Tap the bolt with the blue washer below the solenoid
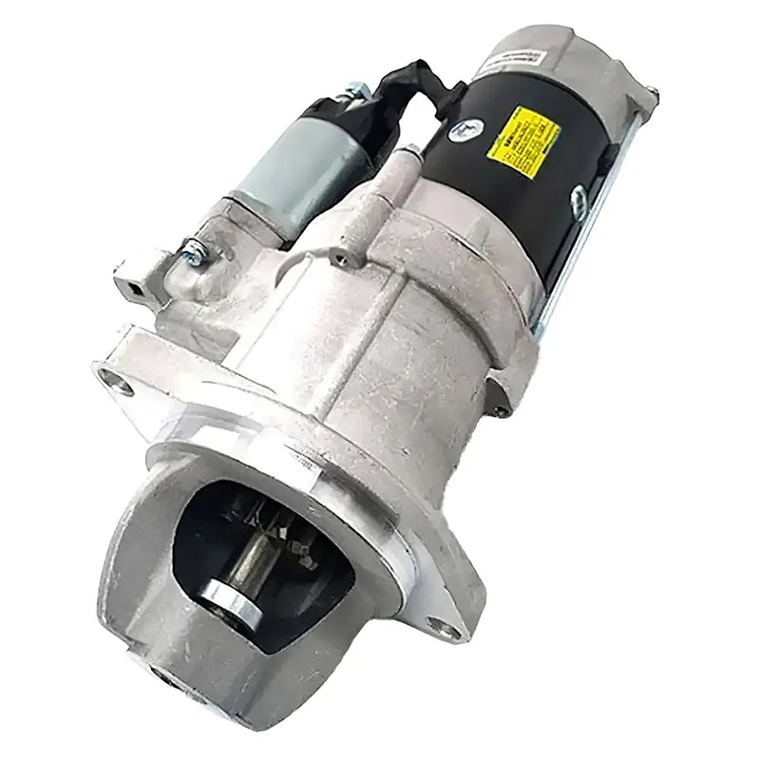(x=195, y=253)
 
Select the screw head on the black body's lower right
(x=578, y=198)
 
